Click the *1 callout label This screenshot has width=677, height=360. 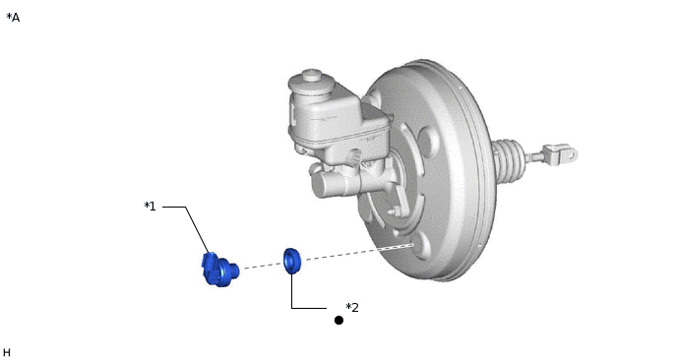pyautogui.click(x=150, y=207)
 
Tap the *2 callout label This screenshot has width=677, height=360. pyautogui.click(x=352, y=308)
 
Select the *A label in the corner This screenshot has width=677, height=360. pyautogui.click(x=13, y=18)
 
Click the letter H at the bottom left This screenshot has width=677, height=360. pyautogui.click(x=7, y=353)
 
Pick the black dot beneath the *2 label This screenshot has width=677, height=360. pyautogui.click(x=338, y=321)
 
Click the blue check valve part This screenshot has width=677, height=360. pyautogui.click(x=219, y=270)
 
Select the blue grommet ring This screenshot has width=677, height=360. pyautogui.click(x=292, y=261)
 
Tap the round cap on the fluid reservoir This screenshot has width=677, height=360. pyautogui.click(x=311, y=76)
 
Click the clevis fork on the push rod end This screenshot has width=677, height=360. pyautogui.click(x=561, y=154)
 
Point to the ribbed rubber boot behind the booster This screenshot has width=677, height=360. pyautogui.click(x=509, y=158)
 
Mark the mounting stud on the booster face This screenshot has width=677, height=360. pyautogui.click(x=395, y=211)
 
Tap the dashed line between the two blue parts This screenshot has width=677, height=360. pyautogui.click(x=262, y=266)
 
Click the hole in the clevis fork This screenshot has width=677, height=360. pyautogui.click(x=571, y=154)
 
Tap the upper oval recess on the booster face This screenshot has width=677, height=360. pyautogui.click(x=427, y=142)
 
